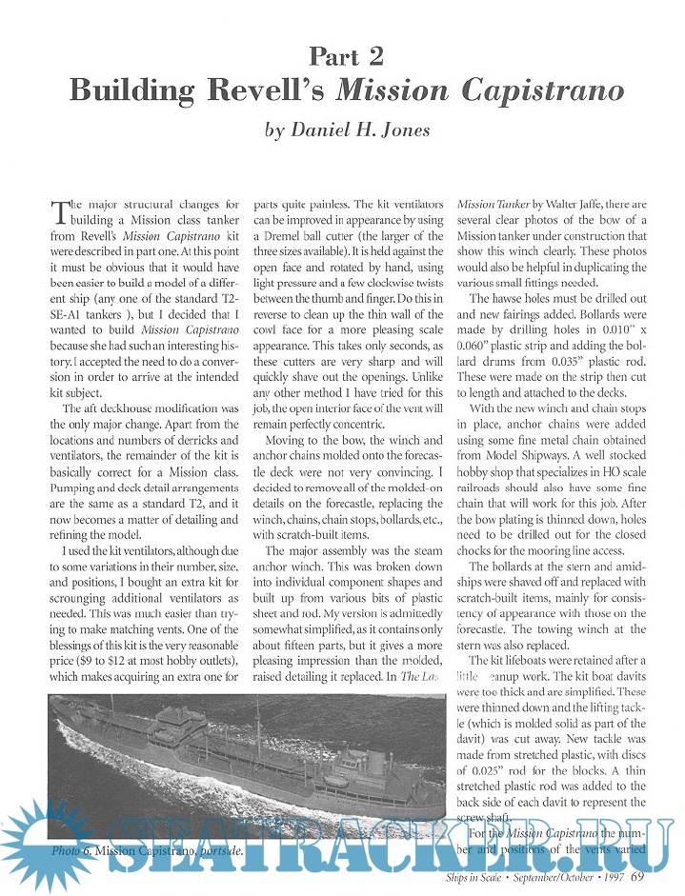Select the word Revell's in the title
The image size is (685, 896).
(271, 90)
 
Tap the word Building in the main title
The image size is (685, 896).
(135, 90)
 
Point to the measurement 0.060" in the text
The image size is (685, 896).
(477, 356)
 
